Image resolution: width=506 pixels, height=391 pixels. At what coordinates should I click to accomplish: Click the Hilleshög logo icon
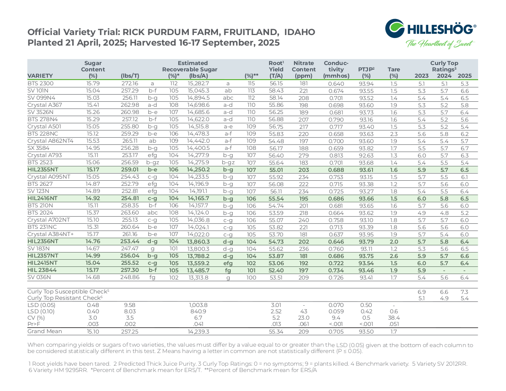[x=395, y=28]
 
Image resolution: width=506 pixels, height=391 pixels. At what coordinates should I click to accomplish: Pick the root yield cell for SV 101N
[x=276, y=90]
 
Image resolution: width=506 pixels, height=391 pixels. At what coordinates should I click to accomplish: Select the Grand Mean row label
[x=44, y=331]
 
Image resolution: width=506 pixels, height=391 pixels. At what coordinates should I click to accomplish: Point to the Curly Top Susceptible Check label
[x=68, y=291]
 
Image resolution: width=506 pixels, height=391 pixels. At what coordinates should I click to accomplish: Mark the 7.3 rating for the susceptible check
[x=465, y=292]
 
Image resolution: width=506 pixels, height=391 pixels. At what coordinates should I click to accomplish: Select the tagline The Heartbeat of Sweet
[x=440, y=44]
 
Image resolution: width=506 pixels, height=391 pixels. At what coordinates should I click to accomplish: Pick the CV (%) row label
[x=36, y=318]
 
